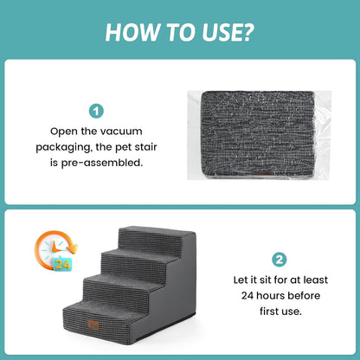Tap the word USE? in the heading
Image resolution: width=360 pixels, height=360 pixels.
[x=228, y=32]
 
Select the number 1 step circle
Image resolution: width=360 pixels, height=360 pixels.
[x=96, y=112]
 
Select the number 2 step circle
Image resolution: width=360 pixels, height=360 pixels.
[x=280, y=260]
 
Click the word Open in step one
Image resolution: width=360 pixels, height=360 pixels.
[x=64, y=132]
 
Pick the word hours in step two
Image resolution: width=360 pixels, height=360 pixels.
[x=269, y=296]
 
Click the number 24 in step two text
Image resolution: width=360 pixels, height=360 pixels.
[x=247, y=296]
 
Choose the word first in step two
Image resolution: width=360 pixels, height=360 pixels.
[x=268, y=312]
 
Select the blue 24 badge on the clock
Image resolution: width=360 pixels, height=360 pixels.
[x=62, y=264]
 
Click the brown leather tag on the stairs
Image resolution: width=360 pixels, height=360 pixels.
[x=93, y=325]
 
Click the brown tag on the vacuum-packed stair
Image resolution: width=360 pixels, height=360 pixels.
[x=262, y=173]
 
